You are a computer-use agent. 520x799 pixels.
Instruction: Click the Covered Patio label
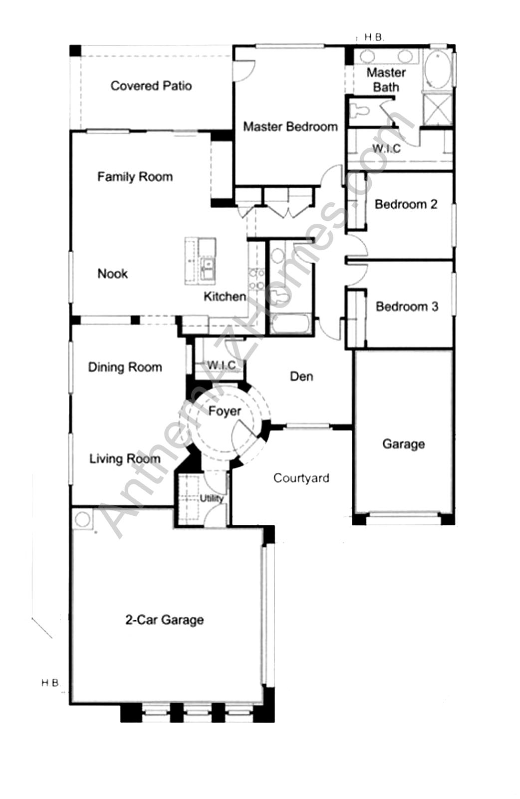pos(151,86)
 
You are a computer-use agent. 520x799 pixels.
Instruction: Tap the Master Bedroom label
pos(290,127)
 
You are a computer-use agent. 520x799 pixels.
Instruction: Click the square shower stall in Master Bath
pos(438,109)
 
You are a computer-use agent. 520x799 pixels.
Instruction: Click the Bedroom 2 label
pos(406,204)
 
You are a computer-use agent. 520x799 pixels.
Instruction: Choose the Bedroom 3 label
pos(407,307)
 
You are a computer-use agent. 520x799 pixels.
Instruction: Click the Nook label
pos(112,274)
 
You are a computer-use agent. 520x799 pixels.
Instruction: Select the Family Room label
pos(135,177)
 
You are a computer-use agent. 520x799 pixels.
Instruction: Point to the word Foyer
pos(225,411)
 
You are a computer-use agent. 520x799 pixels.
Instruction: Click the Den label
pos(301,376)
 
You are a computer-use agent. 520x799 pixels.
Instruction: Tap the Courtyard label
pos(301,478)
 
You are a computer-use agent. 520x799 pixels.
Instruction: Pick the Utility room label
pos(212,498)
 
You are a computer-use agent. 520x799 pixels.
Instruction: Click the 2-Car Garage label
pos(164,620)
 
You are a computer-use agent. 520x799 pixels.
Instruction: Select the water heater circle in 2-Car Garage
pos(82,519)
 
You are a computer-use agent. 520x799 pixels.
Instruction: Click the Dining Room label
pos(125,368)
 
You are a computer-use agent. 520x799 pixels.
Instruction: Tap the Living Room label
pos(125,459)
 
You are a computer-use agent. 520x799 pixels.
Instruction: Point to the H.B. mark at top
pos(374,37)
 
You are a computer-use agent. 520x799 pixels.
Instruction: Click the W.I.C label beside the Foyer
pos(221,366)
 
